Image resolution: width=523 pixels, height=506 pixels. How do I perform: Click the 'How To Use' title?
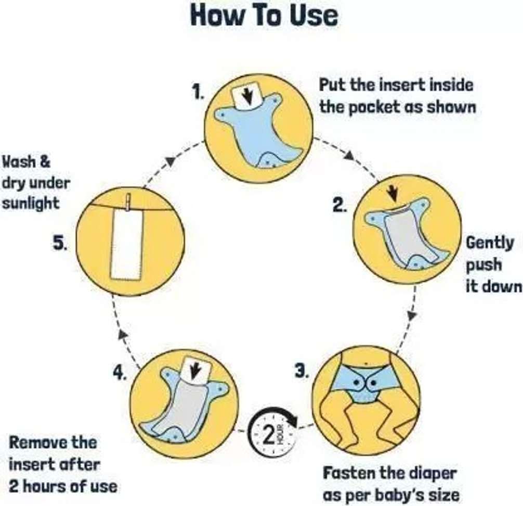pos(264,16)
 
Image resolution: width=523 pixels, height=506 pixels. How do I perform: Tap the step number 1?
pos(198,92)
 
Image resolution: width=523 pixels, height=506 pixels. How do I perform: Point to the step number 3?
pos(302,371)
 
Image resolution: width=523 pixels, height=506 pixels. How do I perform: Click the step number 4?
pos(120,372)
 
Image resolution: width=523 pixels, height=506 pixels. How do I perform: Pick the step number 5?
pos(60,243)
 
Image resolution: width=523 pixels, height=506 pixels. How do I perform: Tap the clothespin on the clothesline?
pos(128,203)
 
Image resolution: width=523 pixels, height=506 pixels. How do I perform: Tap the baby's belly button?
pos(366,363)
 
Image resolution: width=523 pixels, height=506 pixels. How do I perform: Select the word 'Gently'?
pos(489,243)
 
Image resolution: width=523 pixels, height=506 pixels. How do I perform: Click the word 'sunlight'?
pos(31,204)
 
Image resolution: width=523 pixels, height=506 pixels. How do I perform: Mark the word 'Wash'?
pos(19,162)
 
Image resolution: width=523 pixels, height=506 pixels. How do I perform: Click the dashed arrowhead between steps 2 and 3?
pos(412,316)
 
